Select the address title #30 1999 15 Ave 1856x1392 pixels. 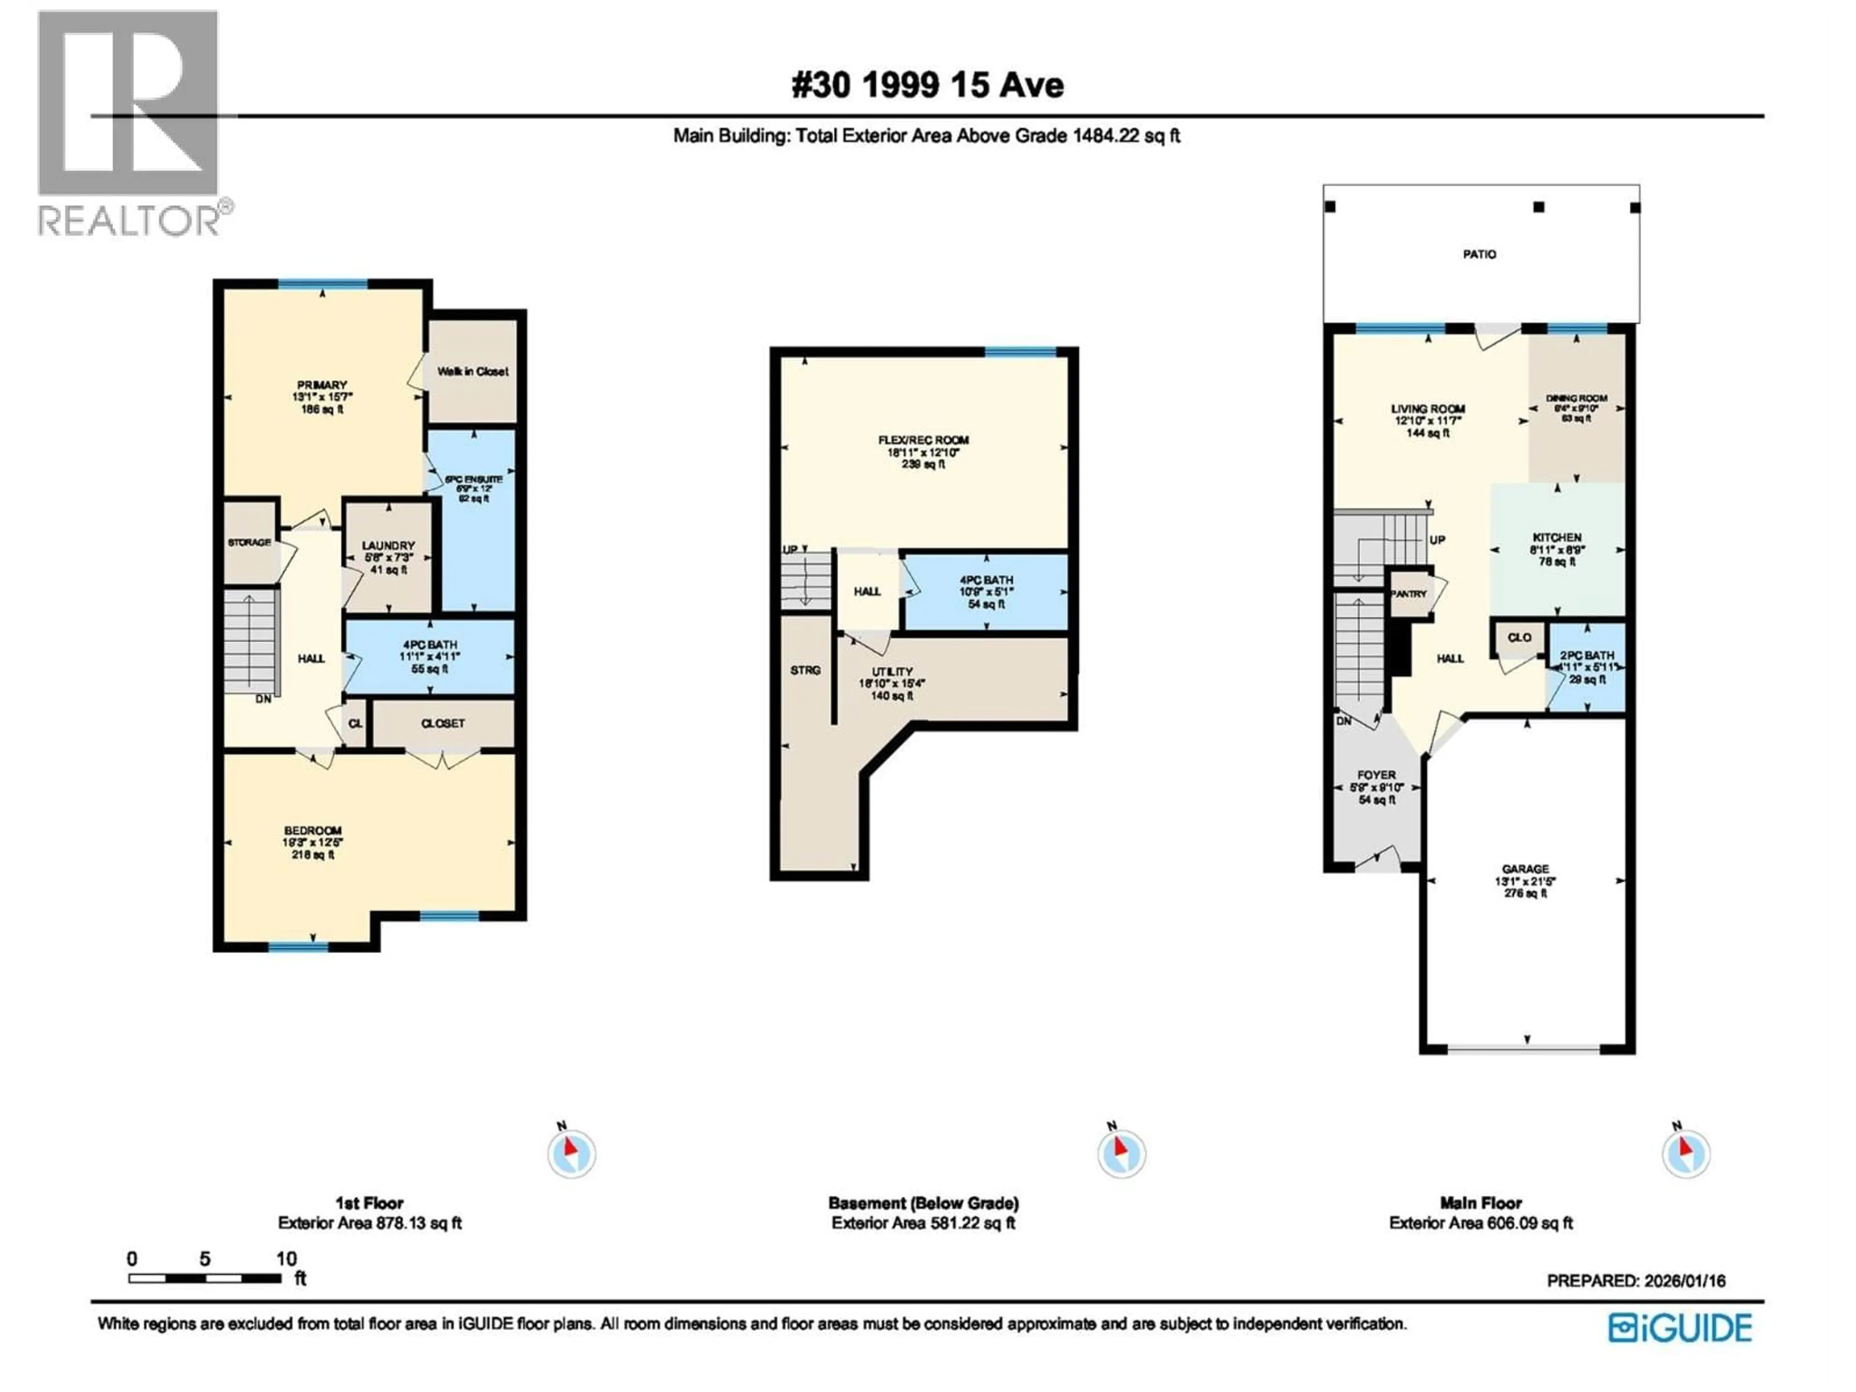pos(927,85)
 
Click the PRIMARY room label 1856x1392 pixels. pos(321,385)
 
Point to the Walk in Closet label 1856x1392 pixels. pos(472,371)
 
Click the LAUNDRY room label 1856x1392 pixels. pos(388,545)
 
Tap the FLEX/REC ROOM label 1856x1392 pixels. pos(923,440)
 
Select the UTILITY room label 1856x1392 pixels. pos(891,671)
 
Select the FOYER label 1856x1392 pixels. pos(1376,774)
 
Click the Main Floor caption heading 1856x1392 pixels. pos(1480,1203)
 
